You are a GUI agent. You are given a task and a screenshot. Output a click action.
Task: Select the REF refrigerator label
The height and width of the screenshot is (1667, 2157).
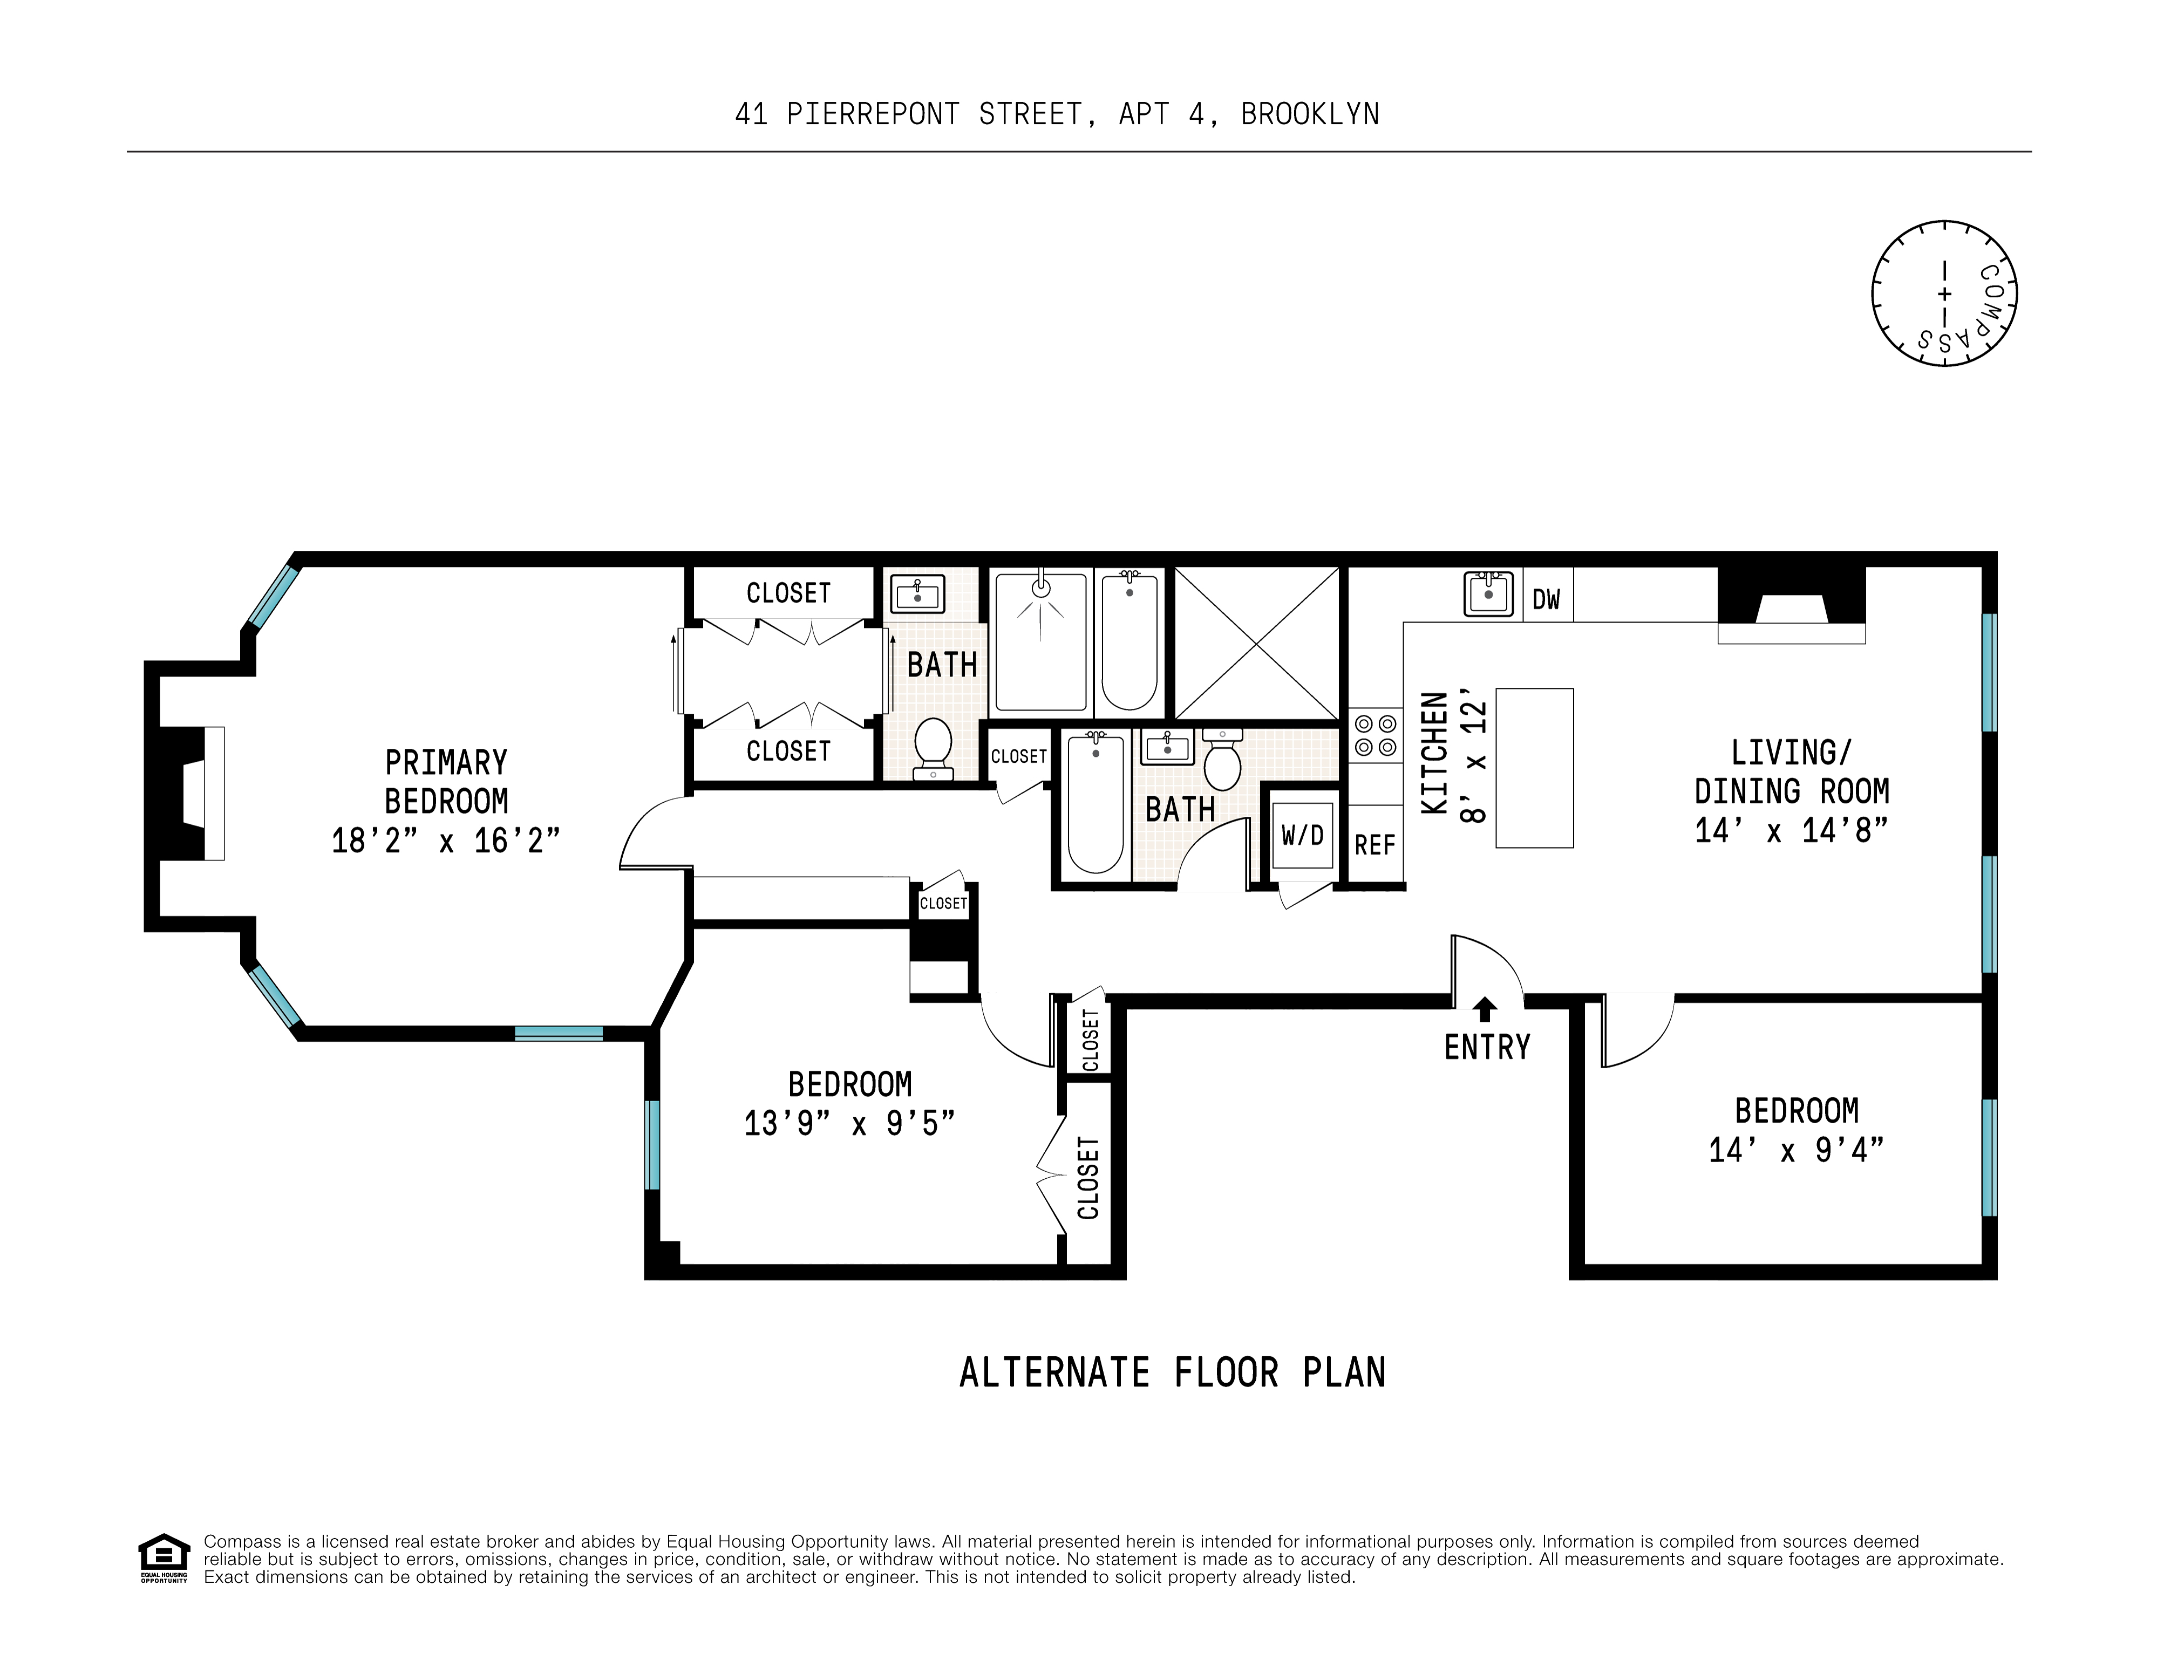[x=1375, y=845]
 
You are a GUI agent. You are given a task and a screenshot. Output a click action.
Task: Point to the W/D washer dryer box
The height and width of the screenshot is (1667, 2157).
[x=1303, y=836]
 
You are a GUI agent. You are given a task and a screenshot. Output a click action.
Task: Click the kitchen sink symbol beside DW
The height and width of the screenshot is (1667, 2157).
[x=1488, y=593]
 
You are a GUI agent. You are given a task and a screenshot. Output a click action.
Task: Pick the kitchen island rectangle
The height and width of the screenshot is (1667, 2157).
[x=1534, y=767]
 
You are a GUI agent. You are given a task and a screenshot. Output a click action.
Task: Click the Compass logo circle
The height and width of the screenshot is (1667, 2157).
[x=1944, y=293]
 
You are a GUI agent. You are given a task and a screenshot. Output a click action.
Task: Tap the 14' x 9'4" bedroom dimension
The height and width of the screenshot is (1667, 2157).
[x=1797, y=1150]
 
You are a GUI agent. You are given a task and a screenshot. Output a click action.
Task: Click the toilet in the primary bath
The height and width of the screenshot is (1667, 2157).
[x=933, y=749]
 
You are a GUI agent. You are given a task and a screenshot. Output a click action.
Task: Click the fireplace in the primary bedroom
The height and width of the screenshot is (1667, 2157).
[x=185, y=793]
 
